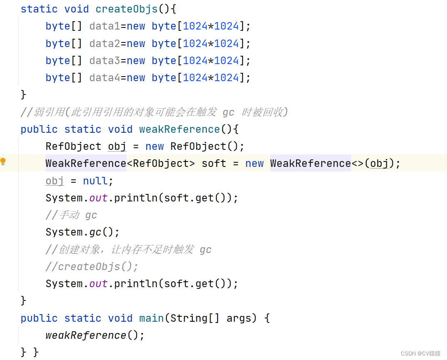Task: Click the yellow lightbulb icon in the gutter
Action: [x=3, y=162]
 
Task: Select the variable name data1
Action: [x=104, y=26]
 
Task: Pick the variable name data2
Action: [x=104, y=43]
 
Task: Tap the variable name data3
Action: [x=104, y=60]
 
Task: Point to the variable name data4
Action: [x=104, y=77]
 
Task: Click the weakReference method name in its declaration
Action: [x=179, y=129]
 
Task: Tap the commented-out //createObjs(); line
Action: [x=92, y=266]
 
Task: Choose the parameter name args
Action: [x=239, y=318]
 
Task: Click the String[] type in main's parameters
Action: [x=195, y=318]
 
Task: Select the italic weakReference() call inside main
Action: [x=95, y=335]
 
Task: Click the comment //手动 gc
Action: [x=71, y=215]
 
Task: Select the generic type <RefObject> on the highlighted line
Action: [x=161, y=163]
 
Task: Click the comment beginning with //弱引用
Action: [x=154, y=112]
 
